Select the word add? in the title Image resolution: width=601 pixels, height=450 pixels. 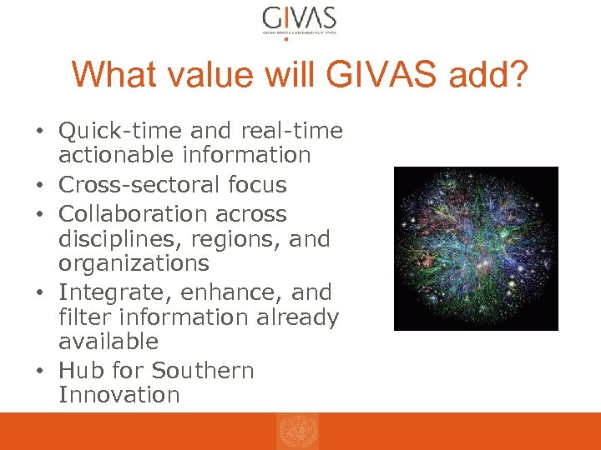490,74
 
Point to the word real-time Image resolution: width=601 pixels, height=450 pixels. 291,131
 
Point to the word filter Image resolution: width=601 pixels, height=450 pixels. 87,317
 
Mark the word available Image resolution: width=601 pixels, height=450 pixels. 109,342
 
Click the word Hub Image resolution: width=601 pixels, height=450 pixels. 81,371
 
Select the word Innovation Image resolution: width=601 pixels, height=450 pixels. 119,395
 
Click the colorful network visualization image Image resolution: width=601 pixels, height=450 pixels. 475,248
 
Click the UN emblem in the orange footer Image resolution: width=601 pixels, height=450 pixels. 297,432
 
